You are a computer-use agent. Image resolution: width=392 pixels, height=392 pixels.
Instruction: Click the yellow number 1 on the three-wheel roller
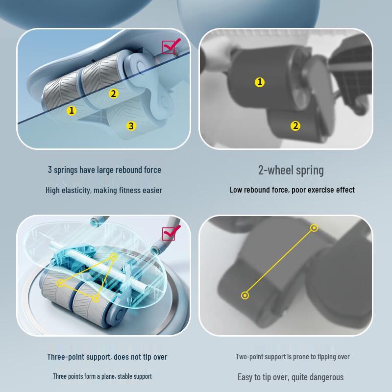coord(72,110)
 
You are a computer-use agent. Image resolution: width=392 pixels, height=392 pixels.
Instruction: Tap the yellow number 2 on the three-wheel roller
coord(114,94)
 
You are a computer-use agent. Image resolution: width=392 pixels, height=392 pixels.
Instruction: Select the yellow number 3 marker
coord(131,126)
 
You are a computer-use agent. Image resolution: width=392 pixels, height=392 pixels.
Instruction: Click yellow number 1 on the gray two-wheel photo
coord(260,82)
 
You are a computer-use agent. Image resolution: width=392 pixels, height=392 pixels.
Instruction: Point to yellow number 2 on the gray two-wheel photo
coord(295,126)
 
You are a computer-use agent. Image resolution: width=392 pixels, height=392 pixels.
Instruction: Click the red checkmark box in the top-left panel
coord(171,46)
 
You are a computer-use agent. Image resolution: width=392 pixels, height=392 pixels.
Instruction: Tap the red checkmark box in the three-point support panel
coord(171,233)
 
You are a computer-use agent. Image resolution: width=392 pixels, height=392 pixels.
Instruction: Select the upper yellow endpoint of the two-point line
coord(314,228)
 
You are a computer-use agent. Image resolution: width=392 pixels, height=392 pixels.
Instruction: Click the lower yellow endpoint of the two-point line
coord(245,295)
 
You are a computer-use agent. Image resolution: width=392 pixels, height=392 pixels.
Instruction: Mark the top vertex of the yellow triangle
coord(114,257)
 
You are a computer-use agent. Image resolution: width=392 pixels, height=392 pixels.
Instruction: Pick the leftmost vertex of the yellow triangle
coord(60,283)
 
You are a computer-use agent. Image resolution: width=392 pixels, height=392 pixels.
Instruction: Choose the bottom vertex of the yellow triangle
coord(96,298)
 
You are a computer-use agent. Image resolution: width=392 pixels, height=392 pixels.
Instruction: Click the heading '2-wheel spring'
coord(291,171)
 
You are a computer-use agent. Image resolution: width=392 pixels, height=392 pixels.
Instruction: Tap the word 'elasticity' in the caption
coord(76,191)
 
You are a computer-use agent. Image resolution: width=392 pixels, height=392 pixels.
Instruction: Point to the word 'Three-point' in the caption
coord(65,357)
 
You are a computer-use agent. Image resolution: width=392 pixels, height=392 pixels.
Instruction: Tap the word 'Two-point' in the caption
coord(247,357)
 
